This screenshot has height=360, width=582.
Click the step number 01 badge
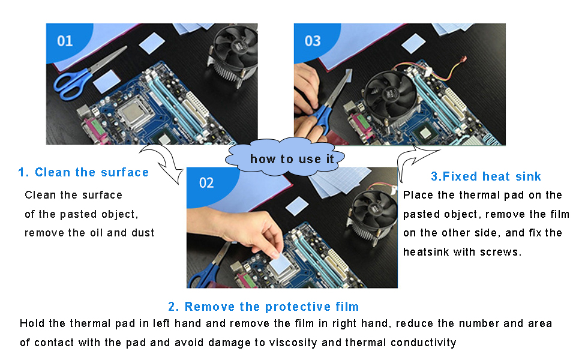point(65,41)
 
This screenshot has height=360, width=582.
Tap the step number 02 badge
point(206,183)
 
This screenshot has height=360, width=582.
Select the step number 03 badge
point(313,41)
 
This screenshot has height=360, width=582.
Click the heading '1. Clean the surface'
point(83,173)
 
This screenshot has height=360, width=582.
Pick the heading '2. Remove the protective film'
point(263,307)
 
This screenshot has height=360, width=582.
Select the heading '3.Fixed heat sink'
point(486,176)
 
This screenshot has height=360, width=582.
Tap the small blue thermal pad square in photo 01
point(155,43)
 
